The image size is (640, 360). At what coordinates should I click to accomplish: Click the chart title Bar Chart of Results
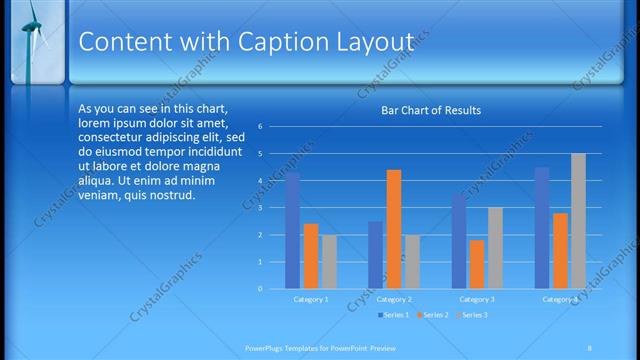tap(432, 110)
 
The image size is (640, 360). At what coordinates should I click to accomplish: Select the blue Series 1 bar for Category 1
tap(292, 231)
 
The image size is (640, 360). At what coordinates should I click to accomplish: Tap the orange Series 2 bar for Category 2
tap(393, 229)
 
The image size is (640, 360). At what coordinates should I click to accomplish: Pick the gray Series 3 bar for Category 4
tap(578, 221)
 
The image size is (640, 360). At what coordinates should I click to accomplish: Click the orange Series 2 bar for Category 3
tap(476, 264)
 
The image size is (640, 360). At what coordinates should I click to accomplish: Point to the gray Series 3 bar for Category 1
tap(329, 262)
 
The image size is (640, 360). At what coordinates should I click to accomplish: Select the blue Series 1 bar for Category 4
tap(542, 228)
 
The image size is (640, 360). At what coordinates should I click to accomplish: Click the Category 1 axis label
tap(311, 299)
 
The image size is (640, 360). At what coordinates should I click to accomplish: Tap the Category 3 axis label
tap(476, 299)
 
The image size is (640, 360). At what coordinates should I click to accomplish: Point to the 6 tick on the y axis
tap(260, 127)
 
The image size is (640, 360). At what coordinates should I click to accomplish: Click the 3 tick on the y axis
tap(260, 208)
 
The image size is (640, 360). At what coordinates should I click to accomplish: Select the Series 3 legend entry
tap(472, 315)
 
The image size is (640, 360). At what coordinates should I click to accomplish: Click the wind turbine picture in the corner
tap(32, 40)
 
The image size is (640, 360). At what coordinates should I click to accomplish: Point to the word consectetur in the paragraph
tap(114, 137)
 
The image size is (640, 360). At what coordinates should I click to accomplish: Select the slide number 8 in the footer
tap(590, 346)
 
